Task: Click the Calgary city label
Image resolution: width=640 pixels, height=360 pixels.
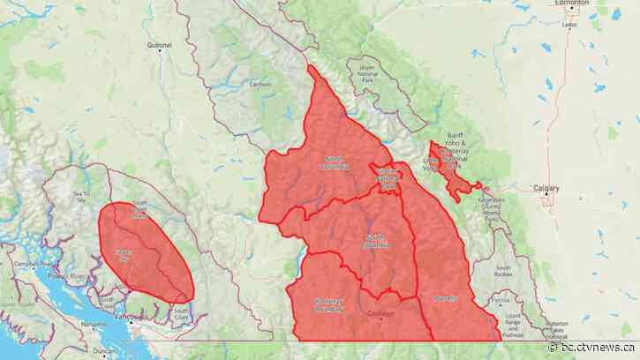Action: [x=548, y=187]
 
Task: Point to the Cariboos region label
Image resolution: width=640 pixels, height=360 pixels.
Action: [x=261, y=85]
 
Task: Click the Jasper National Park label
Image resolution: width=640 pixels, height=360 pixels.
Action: [x=369, y=72]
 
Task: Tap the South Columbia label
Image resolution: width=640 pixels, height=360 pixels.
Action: [x=378, y=241]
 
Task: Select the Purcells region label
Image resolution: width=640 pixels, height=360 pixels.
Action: [x=446, y=298]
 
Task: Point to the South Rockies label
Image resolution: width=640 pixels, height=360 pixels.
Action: [x=504, y=270]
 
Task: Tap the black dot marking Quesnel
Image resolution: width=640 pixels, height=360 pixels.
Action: [x=160, y=50]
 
